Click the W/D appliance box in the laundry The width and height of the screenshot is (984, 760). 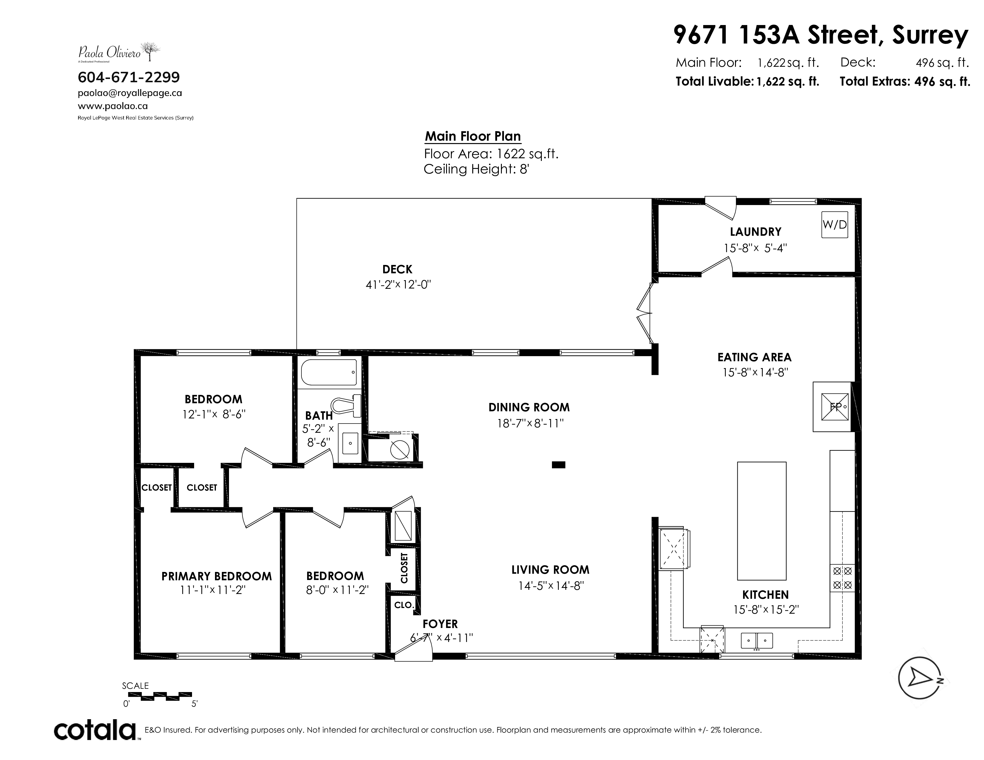[834, 225]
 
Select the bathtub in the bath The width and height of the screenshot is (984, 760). [329, 372]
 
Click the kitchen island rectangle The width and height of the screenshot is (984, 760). [762, 521]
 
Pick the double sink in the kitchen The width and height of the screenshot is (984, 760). [757, 640]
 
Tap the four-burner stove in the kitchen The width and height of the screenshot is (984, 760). [842, 578]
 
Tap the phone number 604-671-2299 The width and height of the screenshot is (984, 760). [129, 77]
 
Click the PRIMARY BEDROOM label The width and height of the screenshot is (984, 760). [217, 576]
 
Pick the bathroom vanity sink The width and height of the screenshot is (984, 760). [350, 443]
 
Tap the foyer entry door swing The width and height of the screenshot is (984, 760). [413, 650]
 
